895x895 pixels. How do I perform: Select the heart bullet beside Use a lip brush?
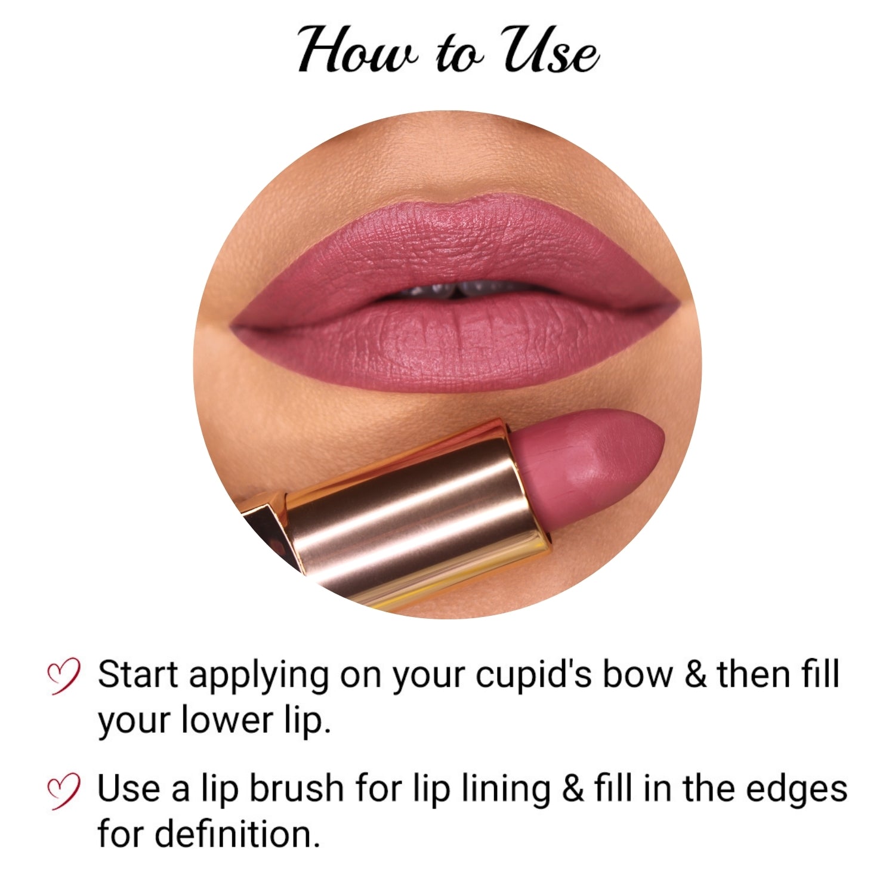pos(63,791)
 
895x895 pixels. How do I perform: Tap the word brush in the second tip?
pos(296,789)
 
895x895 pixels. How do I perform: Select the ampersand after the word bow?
pos(696,675)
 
